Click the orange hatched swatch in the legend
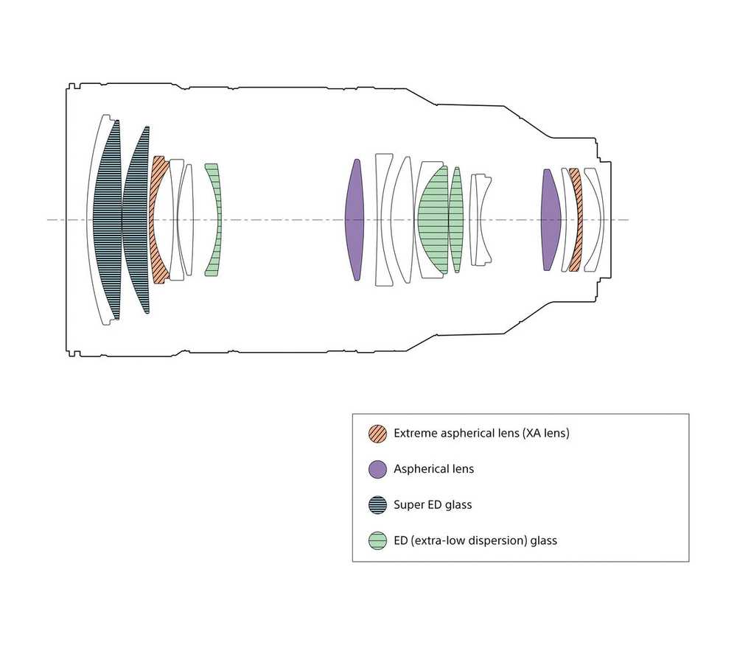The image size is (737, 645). tap(377, 433)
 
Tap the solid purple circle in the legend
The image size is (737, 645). tap(377, 469)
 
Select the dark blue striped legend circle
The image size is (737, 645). tap(377, 504)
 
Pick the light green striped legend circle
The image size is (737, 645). tap(377, 540)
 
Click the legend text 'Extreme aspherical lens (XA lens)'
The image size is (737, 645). tap(481, 433)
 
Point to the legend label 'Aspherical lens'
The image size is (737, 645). tap(434, 468)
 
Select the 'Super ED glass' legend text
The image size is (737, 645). tap(433, 504)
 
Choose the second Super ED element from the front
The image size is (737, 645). tap(136, 219)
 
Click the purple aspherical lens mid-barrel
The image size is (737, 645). tap(355, 219)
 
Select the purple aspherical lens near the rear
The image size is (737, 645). tap(551, 219)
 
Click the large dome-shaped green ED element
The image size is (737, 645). tap(433, 219)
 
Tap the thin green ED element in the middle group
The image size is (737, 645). tap(456, 219)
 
